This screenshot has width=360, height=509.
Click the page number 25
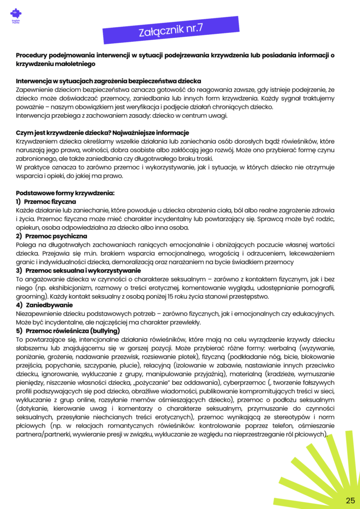click(x=350, y=500)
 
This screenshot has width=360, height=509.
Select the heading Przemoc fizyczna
click(x=50, y=202)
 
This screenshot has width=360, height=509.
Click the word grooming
click(x=31, y=296)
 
